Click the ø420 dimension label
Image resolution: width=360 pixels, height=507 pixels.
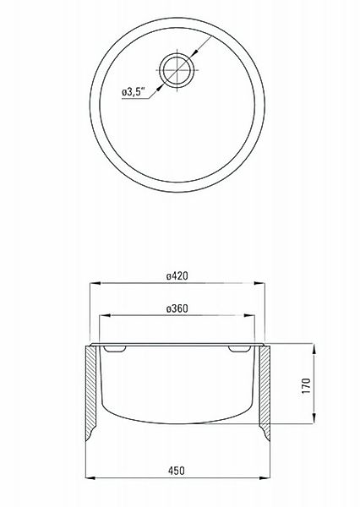pyautogui.click(x=177, y=275)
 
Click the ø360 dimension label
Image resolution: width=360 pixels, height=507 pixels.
pyautogui.click(x=177, y=308)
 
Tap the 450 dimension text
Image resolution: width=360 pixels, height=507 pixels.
pyautogui.click(x=177, y=471)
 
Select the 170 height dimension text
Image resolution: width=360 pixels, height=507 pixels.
pyautogui.click(x=306, y=385)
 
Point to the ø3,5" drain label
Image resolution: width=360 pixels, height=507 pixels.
pyautogui.click(x=134, y=92)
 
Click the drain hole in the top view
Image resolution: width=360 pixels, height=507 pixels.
pyautogui.click(x=177, y=70)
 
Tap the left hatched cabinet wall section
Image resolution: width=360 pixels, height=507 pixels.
pyautogui.click(x=91, y=393)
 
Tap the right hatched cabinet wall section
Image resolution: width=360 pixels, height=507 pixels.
pyautogui.click(x=265, y=393)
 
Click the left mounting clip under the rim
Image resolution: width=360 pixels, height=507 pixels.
pyautogui.click(x=115, y=349)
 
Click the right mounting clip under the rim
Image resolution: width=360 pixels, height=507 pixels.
pyautogui.click(x=239, y=349)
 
